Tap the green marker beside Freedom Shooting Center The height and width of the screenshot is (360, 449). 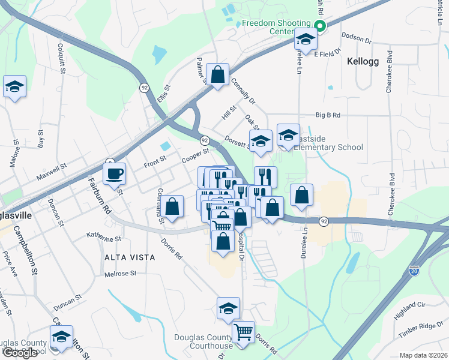tap(320, 25)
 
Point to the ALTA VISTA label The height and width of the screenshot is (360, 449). tap(130, 257)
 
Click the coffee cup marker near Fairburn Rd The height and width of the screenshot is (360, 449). tap(114, 174)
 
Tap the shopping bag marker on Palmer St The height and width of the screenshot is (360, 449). tap(218, 75)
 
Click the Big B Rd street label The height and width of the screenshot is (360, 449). tap(328, 115)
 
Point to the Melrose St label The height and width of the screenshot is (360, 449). tap(121, 273)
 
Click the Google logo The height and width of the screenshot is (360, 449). tap(19, 353)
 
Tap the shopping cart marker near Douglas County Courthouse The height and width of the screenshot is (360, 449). tap(243, 332)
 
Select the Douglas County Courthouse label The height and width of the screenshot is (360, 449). tap(203, 341)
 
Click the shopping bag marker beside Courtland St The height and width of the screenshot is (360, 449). tap(172, 207)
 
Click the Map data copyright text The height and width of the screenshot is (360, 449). tap(424, 355)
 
